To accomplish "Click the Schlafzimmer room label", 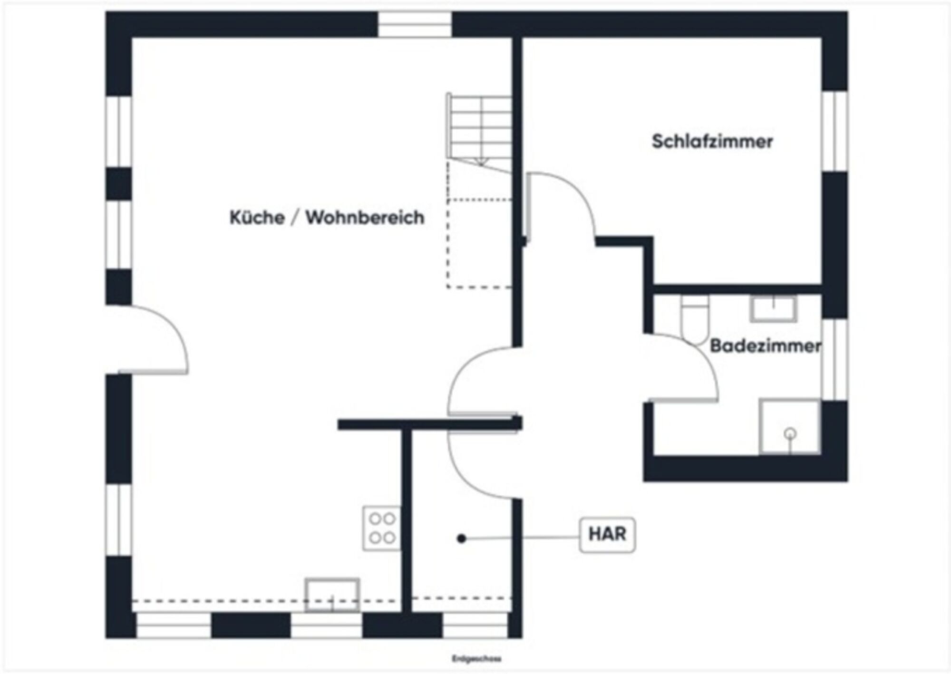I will pos(712,142).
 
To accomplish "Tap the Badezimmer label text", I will pos(765,346).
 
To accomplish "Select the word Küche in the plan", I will pos(257,218).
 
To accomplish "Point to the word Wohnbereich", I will pos(365,218).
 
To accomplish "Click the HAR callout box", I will pos(607,534).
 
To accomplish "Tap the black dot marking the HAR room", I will pos(461,539).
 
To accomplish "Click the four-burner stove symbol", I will pos(382,528).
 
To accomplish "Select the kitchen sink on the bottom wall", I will pos(332,594).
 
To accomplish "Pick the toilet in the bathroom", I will pos(695,319).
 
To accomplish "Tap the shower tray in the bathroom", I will pos(789,426).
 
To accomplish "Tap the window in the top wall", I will pos(415,24).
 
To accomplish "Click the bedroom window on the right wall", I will pos(835,131).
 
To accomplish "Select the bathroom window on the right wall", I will pos(835,359).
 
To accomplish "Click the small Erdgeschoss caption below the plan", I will pos(476,659).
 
